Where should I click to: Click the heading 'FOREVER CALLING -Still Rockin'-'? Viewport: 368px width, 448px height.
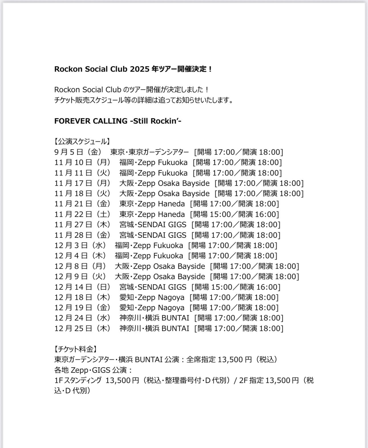tap(118, 121)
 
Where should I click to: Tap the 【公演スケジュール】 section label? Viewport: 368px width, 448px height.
tap(82, 142)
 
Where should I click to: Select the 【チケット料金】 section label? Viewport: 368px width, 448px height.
tap(76, 349)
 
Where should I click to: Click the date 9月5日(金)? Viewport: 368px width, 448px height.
tap(80, 152)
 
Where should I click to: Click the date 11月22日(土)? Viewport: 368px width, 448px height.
tap(82, 214)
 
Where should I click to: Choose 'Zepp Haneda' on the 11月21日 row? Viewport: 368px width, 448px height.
tap(161, 204)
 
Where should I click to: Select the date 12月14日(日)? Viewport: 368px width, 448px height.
tap(82, 287)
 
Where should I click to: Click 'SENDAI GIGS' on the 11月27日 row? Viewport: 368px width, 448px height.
tap(162, 225)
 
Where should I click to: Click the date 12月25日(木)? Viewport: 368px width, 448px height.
tap(82, 329)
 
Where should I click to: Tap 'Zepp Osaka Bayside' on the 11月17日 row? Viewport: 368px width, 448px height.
tap(173, 183)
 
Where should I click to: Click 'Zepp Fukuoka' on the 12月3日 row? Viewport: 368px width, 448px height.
tap(158, 245)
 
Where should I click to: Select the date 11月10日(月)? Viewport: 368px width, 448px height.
tap(82, 163)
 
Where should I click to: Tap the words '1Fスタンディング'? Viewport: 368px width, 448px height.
tap(78, 380)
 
